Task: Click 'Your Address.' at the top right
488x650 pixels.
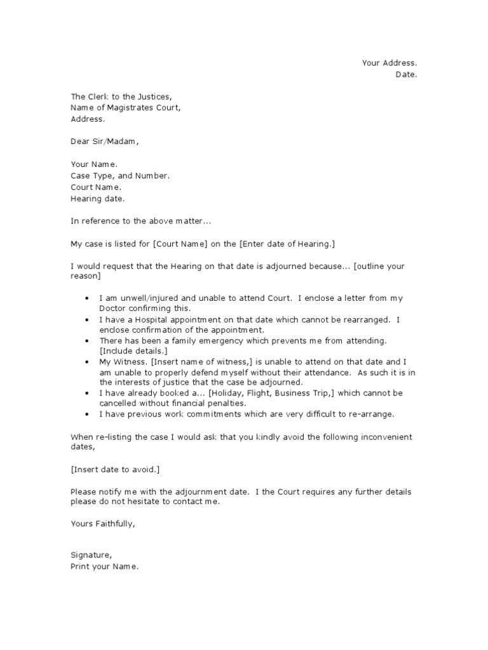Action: (390, 63)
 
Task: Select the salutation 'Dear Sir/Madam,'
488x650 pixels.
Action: (104, 142)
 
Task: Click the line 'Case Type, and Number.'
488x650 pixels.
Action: (120, 176)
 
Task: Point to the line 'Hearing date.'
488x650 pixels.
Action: (98, 199)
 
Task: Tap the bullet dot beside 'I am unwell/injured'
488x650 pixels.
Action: (86, 298)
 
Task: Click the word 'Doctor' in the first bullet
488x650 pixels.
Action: (114, 308)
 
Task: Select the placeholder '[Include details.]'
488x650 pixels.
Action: (133, 351)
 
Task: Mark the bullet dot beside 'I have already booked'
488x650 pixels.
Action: (86, 394)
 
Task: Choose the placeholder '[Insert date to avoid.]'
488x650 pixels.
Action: (116, 469)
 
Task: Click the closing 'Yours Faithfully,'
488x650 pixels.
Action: (103, 524)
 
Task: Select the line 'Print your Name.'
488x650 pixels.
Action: (104, 567)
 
